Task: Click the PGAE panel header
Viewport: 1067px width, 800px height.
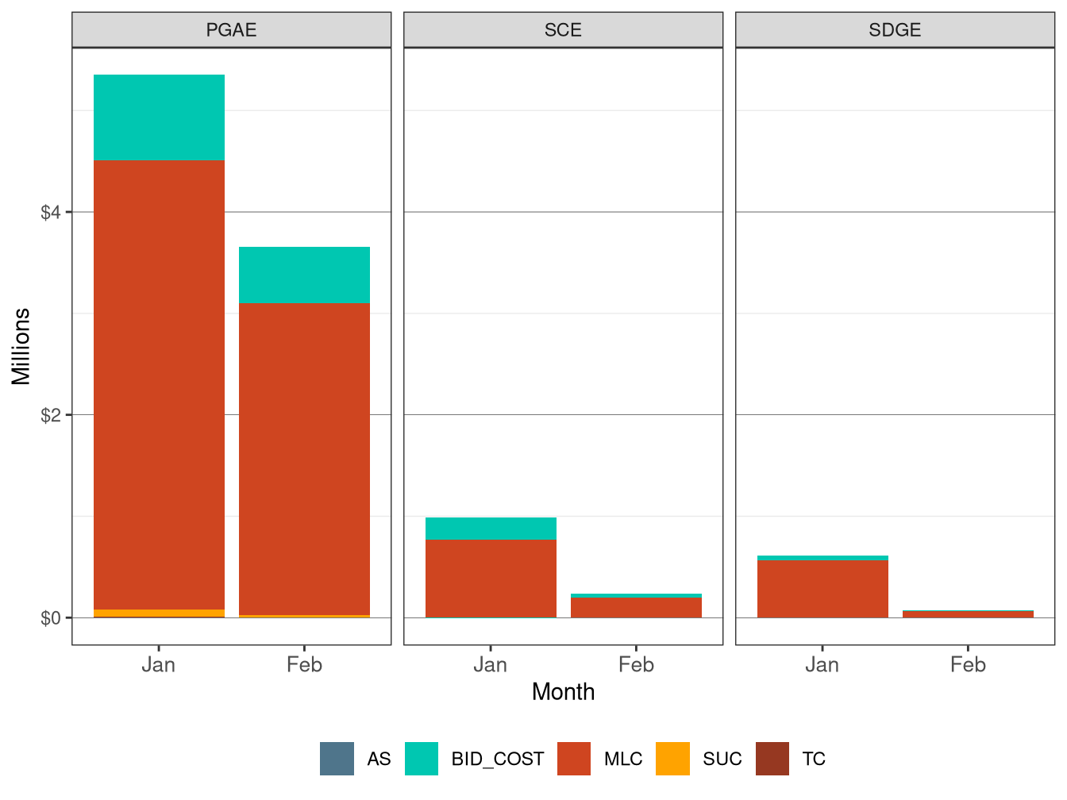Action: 231,30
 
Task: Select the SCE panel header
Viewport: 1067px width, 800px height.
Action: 563,30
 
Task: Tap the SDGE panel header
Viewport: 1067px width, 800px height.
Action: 895,30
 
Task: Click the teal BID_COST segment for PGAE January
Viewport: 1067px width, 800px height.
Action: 159,117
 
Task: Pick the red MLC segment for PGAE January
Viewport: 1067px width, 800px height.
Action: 159,385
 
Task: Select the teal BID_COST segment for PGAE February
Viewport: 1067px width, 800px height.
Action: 304,275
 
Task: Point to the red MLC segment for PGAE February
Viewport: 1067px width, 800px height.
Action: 304,459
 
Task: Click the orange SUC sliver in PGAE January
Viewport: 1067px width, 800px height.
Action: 159,613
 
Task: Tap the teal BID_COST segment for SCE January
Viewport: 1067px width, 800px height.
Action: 491,529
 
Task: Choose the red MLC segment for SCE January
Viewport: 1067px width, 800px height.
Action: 491,578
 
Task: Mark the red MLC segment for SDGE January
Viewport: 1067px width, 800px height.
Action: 822,588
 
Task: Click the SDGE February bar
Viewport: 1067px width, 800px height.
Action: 968,613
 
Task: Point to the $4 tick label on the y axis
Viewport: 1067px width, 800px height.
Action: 51,213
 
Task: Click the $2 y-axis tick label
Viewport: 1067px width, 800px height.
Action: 51,415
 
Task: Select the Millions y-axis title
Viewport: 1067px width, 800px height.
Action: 21,346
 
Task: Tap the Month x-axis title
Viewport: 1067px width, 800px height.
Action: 563,692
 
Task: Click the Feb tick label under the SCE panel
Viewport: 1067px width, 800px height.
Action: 636,665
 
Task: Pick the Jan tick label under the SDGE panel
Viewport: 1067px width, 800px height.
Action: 822,665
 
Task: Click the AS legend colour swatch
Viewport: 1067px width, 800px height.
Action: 337,759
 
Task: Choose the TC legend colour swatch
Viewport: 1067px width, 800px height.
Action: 772,759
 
